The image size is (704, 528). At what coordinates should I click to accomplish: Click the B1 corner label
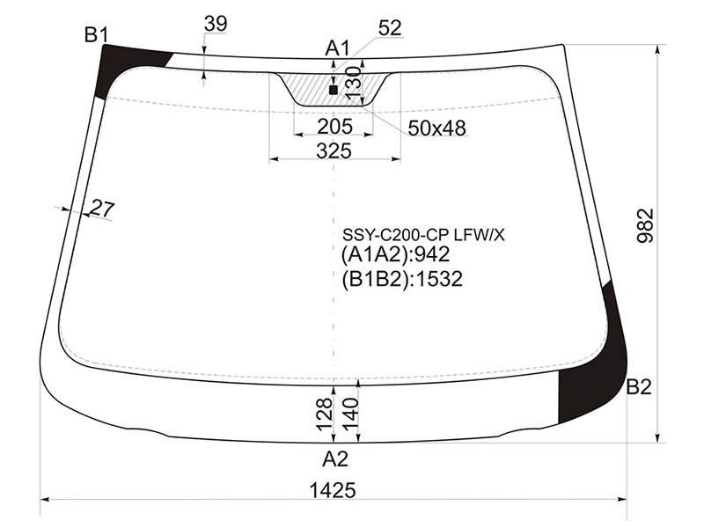tap(97, 34)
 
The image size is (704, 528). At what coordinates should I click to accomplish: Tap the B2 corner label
tap(639, 386)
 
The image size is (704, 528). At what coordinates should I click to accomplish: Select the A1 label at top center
tap(337, 48)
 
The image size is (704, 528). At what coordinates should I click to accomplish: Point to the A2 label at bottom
tap(335, 458)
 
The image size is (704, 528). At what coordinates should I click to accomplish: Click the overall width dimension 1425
tap(333, 490)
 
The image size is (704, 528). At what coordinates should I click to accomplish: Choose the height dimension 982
tap(646, 226)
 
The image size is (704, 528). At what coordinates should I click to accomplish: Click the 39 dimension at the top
tap(216, 24)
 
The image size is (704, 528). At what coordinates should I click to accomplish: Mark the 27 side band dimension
tap(103, 209)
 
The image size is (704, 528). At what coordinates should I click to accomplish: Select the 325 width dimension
tap(334, 150)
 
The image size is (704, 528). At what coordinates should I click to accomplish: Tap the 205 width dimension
tap(335, 127)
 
